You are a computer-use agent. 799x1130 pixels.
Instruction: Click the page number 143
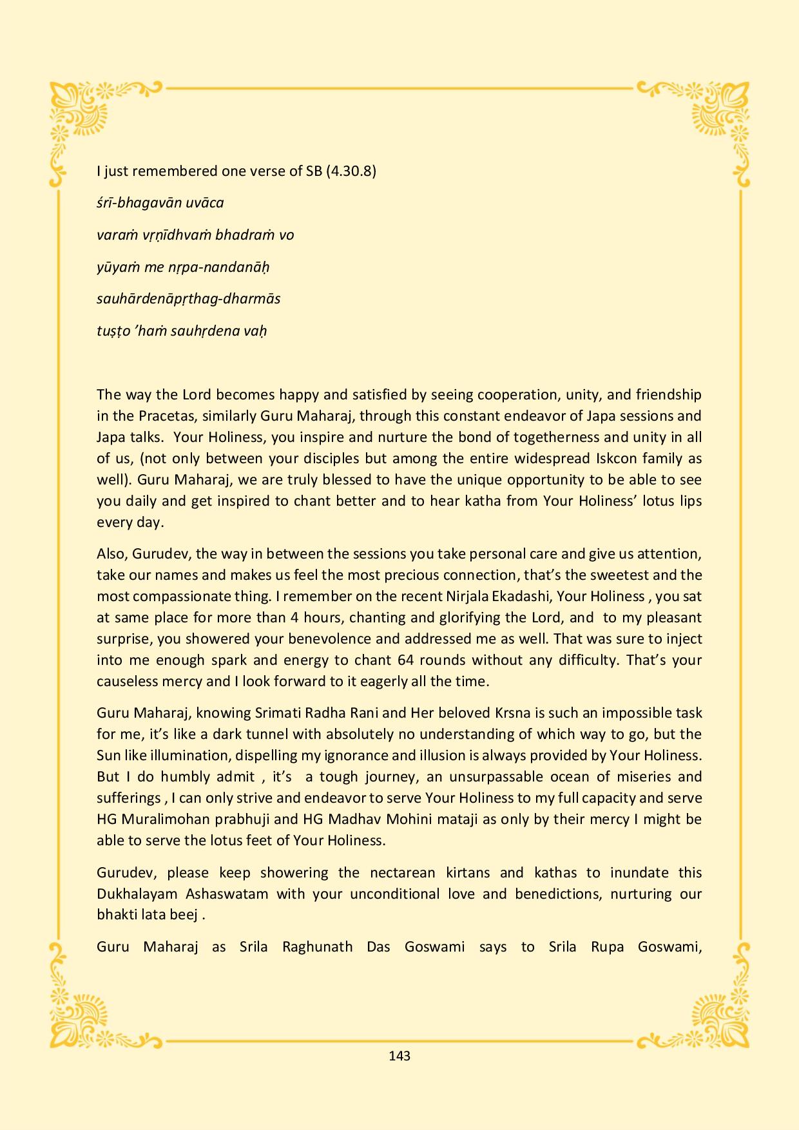[400, 1056]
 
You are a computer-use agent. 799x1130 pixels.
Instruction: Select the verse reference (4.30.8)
[351, 171]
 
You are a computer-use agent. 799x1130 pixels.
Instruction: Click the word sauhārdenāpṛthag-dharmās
[188, 299]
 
